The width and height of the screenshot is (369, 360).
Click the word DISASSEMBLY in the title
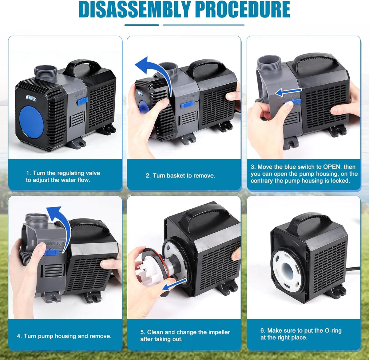pos(135,9)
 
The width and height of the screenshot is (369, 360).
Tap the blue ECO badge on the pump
pos(31,98)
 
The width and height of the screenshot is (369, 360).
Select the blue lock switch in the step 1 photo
pos(82,101)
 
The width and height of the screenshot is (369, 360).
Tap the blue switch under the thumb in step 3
pos(294,102)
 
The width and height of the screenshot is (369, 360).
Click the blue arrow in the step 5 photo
pos(174,285)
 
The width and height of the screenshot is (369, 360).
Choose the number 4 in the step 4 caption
pos(18,336)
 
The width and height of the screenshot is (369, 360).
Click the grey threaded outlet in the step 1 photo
pos(46,72)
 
